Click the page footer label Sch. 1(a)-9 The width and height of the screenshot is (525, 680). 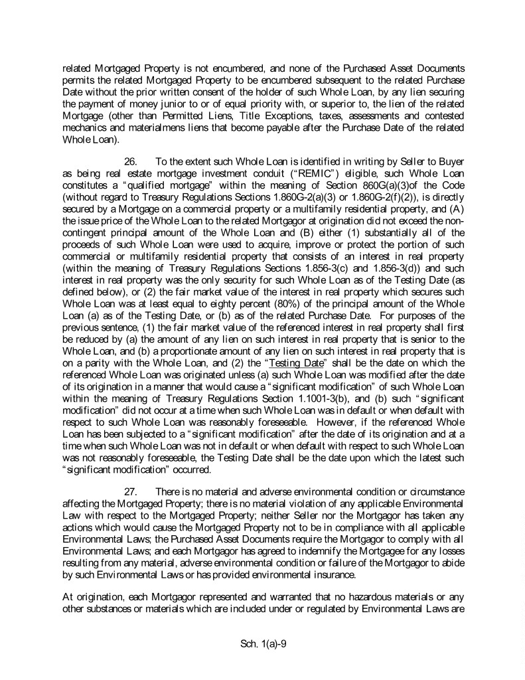point(262,643)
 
